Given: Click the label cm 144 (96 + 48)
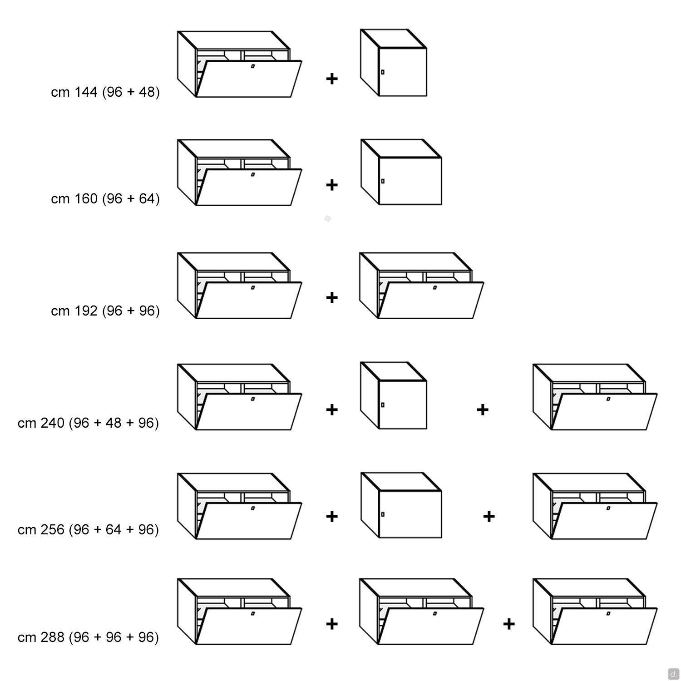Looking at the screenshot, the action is [x=105, y=92].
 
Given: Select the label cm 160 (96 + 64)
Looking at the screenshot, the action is [x=105, y=199].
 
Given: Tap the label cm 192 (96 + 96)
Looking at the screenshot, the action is [x=105, y=311].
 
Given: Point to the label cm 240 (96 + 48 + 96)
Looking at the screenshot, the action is [x=89, y=423].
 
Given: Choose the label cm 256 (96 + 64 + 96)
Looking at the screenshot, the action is [x=89, y=530].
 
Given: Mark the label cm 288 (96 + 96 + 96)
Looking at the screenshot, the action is [x=89, y=637].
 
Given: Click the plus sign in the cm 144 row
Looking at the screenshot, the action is [x=332, y=79].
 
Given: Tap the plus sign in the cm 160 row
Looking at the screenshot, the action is [x=332, y=185].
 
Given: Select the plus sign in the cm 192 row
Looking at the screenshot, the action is [x=332, y=297].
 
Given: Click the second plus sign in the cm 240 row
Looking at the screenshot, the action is [x=483, y=410].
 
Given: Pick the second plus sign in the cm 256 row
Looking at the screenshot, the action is [x=489, y=517].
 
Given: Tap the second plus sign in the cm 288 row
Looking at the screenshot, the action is [x=509, y=624].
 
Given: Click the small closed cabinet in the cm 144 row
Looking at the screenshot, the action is [x=394, y=63].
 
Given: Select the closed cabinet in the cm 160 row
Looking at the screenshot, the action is [x=401, y=173].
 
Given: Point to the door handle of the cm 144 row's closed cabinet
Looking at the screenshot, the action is [x=383, y=72].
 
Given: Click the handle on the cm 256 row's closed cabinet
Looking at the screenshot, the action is [x=383, y=514].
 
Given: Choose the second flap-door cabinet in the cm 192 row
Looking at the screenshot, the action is [x=422, y=286].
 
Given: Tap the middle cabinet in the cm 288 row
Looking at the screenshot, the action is [x=422, y=612].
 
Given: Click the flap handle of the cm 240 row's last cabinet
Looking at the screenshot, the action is [x=608, y=400].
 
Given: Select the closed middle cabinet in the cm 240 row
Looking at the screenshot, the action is [x=394, y=395].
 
